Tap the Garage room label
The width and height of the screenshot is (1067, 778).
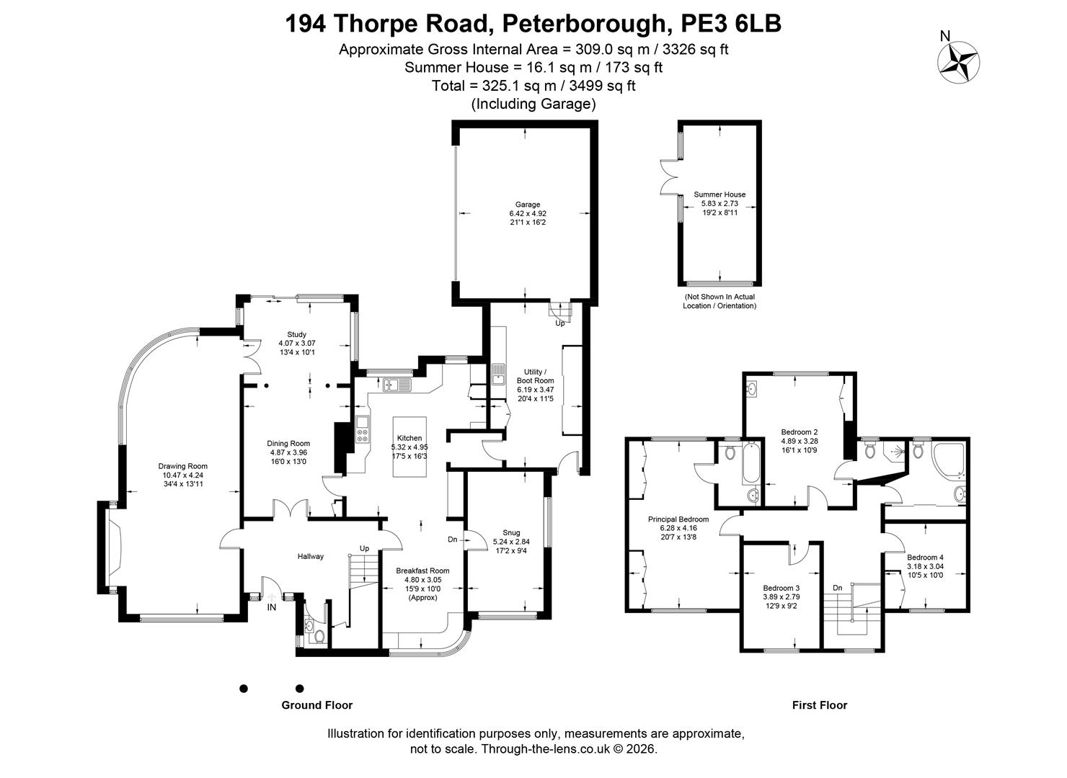[527, 205]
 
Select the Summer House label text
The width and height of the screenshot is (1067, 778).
[720, 194]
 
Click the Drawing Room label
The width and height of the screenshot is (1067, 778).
[183, 466]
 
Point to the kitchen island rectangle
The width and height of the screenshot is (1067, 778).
[409, 447]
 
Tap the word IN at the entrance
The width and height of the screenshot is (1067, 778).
[272, 607]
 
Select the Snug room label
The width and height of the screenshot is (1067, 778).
[511, 532]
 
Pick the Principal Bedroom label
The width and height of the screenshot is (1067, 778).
[678, 519]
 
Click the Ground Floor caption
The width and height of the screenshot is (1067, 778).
[316, 705]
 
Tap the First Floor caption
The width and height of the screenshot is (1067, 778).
[820, 705]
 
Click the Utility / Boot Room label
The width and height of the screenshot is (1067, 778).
[535, 376]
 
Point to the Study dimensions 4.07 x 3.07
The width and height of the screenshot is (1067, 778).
[297, 343]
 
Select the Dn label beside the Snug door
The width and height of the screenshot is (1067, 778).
[453, 539]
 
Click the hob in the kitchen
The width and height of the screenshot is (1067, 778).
[362, 435]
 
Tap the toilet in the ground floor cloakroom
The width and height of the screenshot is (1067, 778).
[319, 636]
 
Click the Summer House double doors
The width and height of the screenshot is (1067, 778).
[669, 177]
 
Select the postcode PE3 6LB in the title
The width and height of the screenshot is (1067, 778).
[731, 24]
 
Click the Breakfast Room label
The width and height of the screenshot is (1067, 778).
[422, 571]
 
